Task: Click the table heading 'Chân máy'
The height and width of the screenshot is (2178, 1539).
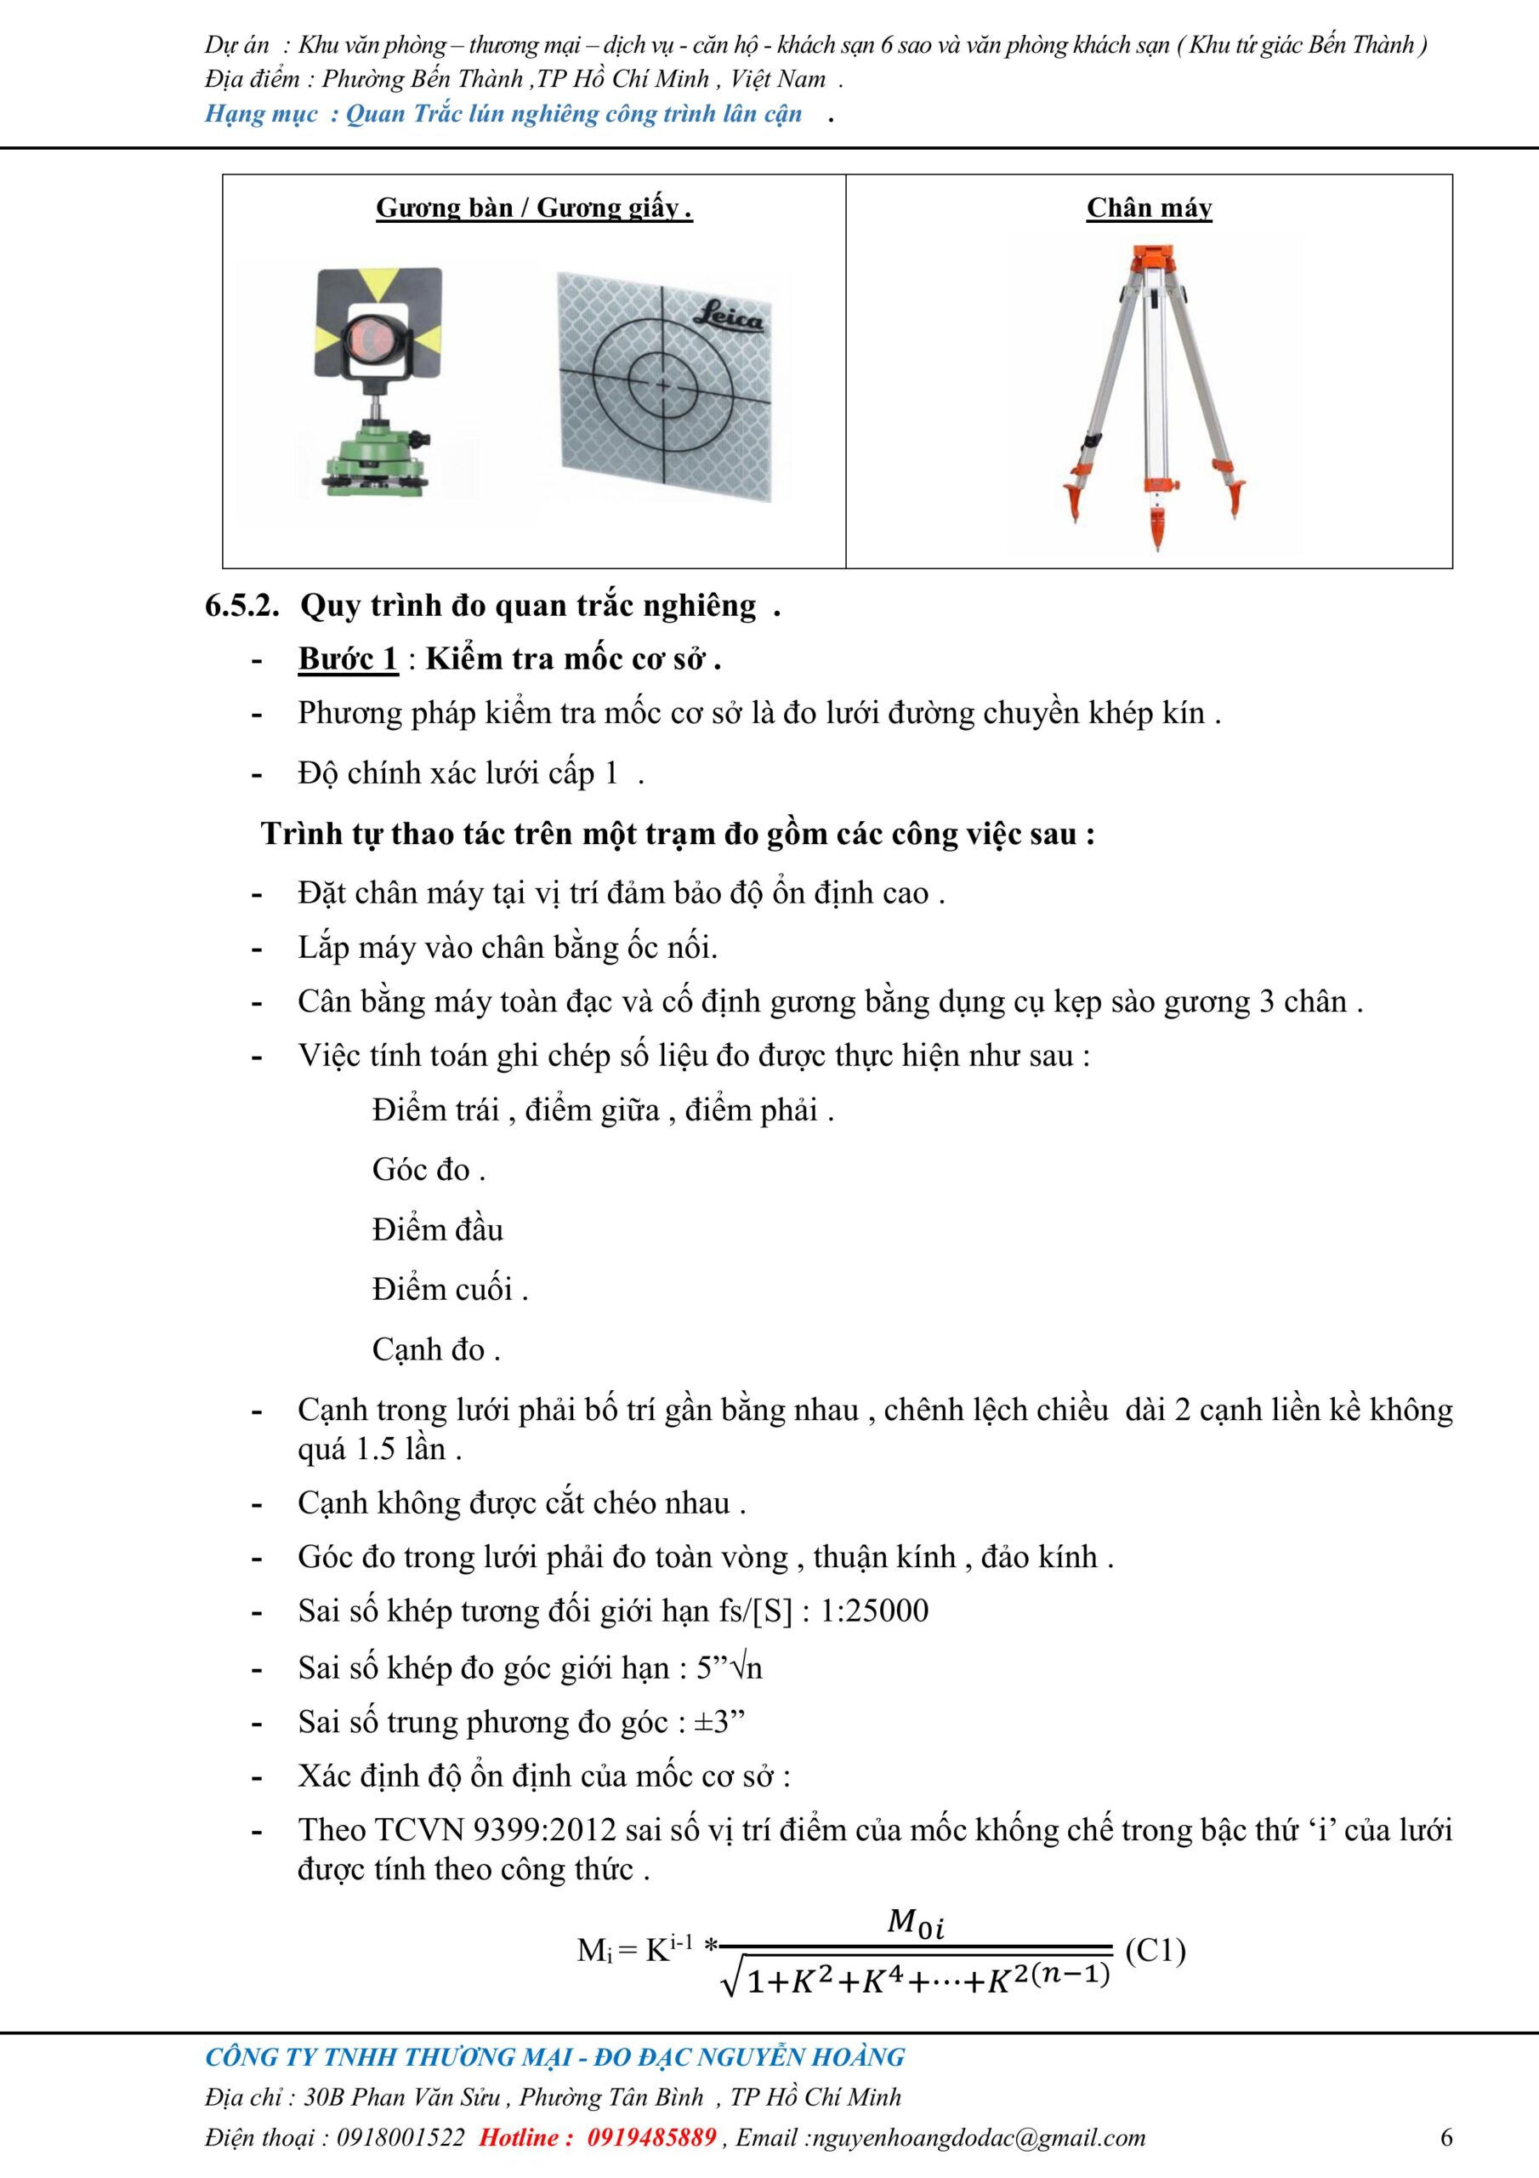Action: coord(1150,208)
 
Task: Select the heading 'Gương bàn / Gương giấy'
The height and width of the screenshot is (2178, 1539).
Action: coord(534,208)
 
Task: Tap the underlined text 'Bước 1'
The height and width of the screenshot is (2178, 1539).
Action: coord(348,659)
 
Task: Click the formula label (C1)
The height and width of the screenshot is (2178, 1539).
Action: coord(1155,1952)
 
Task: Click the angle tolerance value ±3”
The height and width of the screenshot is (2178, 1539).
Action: coord(719,1722)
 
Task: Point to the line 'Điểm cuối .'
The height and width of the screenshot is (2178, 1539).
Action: coord(450,1289)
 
